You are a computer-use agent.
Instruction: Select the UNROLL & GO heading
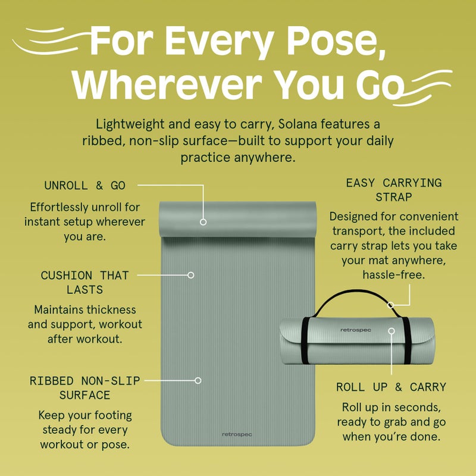point(84,186)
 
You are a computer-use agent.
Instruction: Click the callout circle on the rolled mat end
point(203,222)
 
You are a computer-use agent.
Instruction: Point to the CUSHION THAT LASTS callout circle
point(190,275)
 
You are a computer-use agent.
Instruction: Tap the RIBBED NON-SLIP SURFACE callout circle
point(198,380)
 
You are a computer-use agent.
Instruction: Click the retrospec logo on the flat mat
point(237,434)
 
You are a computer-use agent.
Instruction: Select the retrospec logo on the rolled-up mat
point(355,330)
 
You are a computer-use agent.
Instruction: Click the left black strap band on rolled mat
point(305,340)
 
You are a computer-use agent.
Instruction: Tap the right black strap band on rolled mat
point(407,340)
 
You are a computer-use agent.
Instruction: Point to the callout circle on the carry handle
point(391,305)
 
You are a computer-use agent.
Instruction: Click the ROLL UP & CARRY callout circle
point(392,331)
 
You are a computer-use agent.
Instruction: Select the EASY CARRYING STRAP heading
point(394,190)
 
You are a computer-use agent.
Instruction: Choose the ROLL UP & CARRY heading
point(392,387)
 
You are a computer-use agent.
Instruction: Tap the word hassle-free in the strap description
point(394,275)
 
